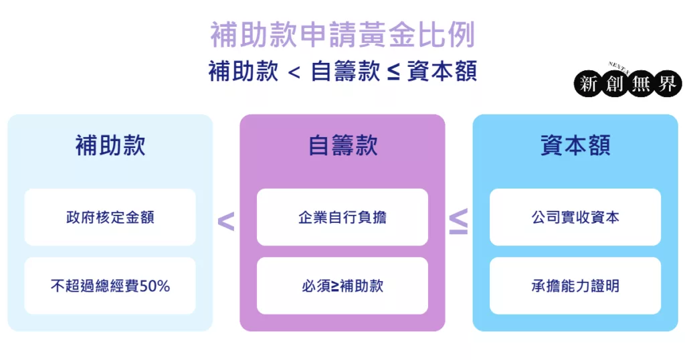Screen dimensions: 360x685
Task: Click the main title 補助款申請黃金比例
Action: click(342, 35)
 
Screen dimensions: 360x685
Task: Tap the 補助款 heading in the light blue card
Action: click(110, 145)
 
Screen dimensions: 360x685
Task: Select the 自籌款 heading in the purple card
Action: click(342, 145)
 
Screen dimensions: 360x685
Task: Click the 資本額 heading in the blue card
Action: click(575, 145)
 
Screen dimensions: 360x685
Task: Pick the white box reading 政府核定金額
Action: click(110, 217)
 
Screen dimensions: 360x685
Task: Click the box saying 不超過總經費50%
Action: click(110, 286)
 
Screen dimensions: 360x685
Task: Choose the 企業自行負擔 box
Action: click(342, 217)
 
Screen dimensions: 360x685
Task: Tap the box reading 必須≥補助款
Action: click(342, 286)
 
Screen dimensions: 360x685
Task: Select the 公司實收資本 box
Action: click(575, 217)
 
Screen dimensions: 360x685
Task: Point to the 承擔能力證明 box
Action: click(575, 286)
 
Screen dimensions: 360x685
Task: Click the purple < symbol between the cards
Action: click(226, 221)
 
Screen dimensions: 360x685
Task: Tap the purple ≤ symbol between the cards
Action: click(459, 221)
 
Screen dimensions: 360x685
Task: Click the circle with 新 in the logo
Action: click(588, 84)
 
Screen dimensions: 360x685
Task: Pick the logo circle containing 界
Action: click(668, 84)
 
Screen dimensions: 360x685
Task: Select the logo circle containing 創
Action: click(614, 84)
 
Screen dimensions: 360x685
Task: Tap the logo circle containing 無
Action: click(641, 84)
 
